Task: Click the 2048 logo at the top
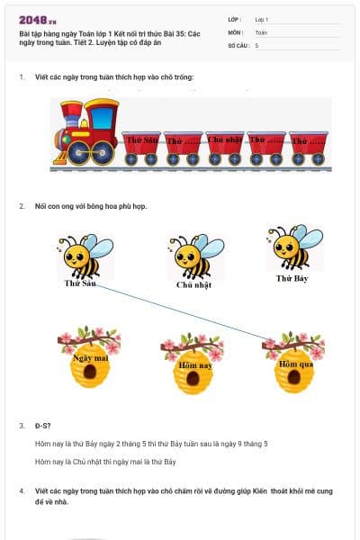click(37, 19)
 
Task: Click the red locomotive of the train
click(87, 133)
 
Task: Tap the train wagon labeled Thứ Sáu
click(141, 146)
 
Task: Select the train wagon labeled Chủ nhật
click(225, 146)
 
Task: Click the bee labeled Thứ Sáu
click(83, 256)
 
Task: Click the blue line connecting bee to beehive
click(180, 312)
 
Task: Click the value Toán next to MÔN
click(261, 31)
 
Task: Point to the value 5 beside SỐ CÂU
click(256, 45)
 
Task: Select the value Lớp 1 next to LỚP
click(262, 19)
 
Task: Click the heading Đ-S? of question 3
click(43, 425)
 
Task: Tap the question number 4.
click(22, 491)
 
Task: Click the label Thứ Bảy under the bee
click(294, 279)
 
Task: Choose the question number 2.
click(22, 206)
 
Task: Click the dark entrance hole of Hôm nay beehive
click(192, 381)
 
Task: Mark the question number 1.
click(22, 77)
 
